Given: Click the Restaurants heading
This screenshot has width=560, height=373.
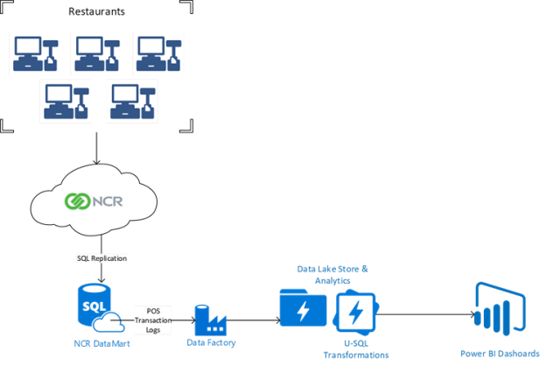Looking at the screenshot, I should pos(96,12).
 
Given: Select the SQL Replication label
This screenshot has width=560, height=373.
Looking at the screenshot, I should pos(101,259).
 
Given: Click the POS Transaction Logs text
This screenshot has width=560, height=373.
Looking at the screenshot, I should pos(153,320).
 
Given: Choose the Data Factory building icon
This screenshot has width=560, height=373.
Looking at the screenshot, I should pos(210,320).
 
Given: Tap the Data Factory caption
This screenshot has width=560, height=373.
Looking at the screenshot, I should pos(211,343).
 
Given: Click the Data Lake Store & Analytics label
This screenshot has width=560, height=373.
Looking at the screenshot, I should pos(332,275).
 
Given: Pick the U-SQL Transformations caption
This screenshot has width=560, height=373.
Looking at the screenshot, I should pos(355,348).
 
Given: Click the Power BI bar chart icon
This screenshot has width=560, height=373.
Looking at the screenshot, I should pos(499,309).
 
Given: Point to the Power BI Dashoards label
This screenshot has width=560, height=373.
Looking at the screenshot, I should pos(500,354).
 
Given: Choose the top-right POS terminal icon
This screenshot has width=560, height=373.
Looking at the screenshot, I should pos(159,53).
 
